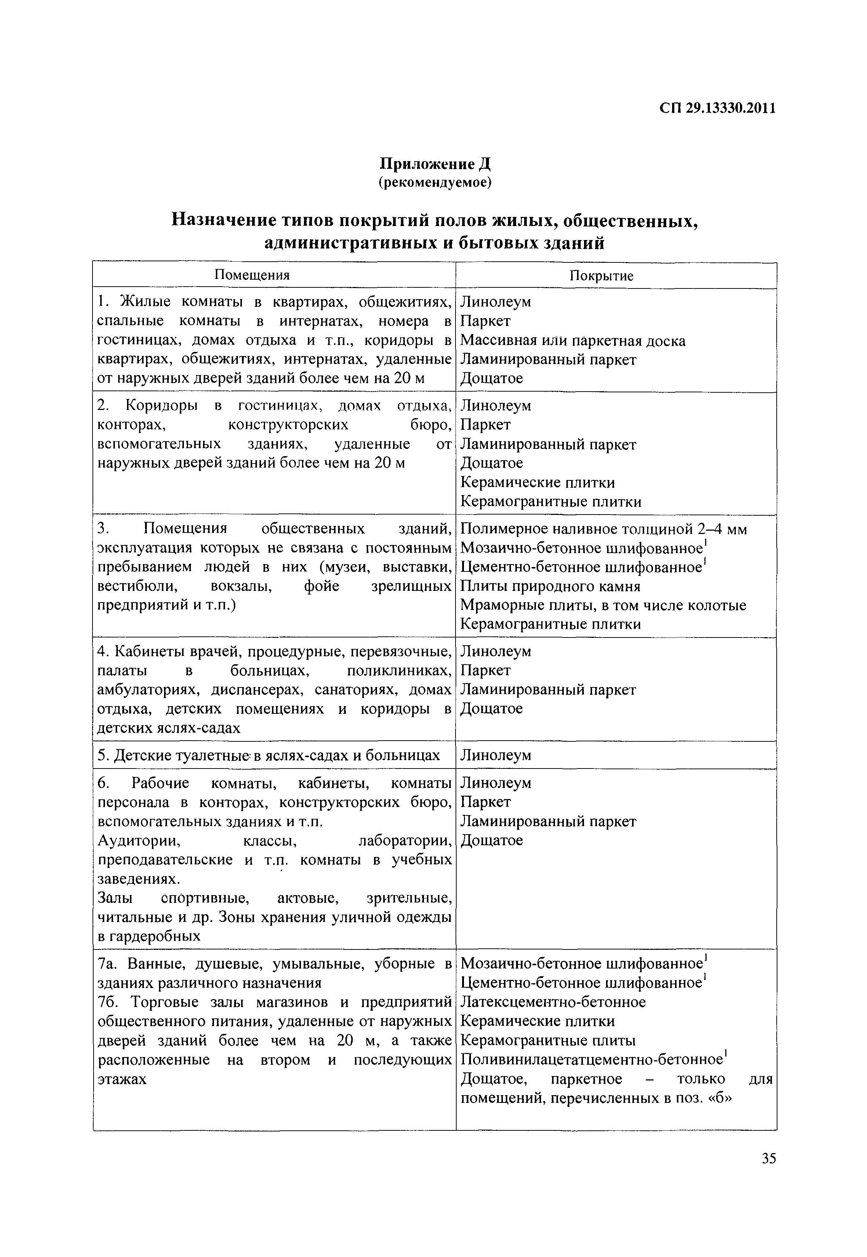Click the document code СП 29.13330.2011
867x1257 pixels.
tap(717, 109)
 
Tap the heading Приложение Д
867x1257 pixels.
tap(435, 164)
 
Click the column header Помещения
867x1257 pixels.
tap(252, 275)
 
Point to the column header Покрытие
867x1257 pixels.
tap(601, 275)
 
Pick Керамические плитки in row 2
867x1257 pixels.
tap(537, 482)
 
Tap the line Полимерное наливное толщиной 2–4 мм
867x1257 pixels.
tap(603, 529)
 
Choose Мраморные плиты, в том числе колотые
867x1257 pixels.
tap(603, 605)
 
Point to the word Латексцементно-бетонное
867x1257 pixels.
tap(553, 1002)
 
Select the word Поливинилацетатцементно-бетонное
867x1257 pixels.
tap(592, 1059)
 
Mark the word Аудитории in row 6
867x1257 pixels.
tap(138, 840)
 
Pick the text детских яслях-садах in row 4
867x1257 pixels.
tap(168, 728)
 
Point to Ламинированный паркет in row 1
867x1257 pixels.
tap(548, 360)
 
